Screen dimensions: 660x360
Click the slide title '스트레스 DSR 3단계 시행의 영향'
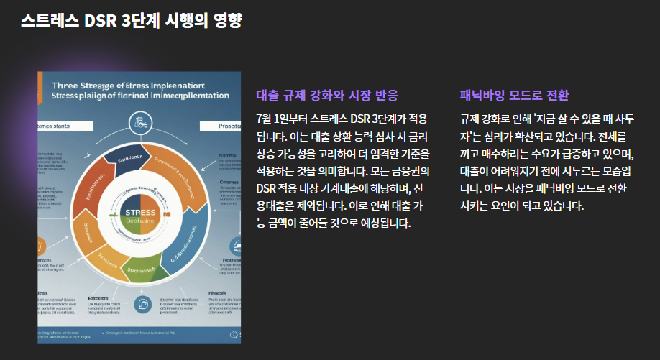pos(131,21)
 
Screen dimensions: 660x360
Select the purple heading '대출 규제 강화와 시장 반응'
pos(326,96)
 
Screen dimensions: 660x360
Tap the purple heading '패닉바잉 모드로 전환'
pos(514,96)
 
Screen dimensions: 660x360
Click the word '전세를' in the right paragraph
pos(614,136)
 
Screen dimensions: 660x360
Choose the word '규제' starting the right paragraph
pos(471,119)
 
